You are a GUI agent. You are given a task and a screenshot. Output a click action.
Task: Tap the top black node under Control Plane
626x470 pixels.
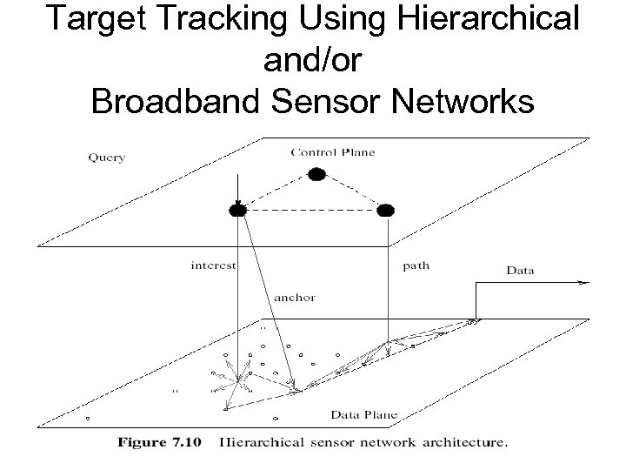click(x=317, y=175)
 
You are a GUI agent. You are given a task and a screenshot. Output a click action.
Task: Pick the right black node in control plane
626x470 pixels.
click(x=386, y=210)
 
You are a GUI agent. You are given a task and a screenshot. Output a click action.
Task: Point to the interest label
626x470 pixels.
click(x=212, y=266)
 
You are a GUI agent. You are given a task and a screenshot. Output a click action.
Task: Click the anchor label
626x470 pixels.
click(x=295, y=297)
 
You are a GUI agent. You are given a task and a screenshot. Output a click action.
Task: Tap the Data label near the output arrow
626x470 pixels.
click(x=520, y=271)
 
